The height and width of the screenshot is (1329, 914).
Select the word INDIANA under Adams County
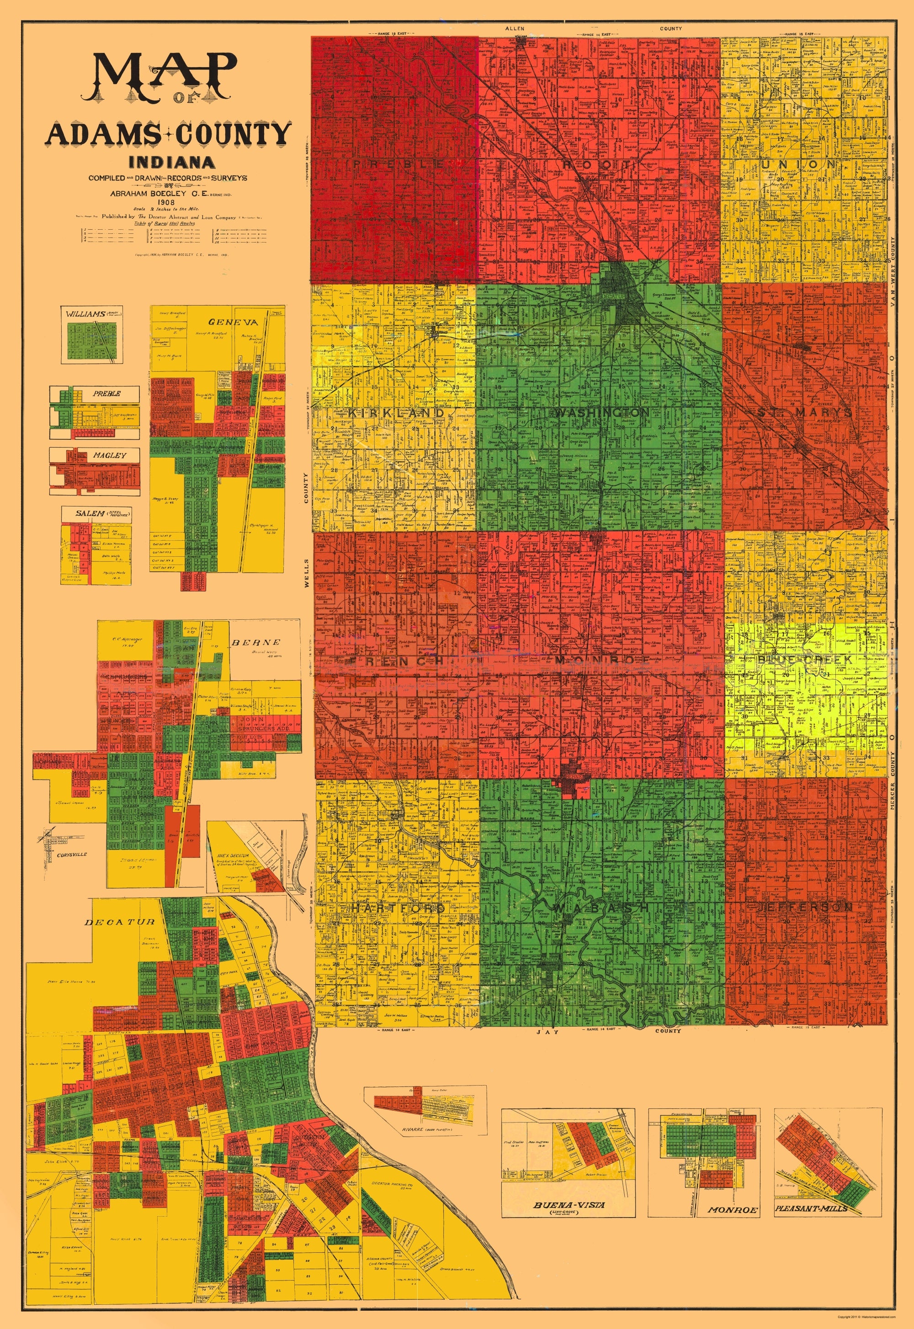(x=172, y=163)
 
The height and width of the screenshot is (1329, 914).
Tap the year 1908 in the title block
(x=168, y=202)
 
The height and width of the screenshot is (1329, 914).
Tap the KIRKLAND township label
(x=396, y=412)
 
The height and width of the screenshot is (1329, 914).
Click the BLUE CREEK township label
(x=805, y=659)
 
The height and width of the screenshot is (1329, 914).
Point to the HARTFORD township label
(x=398, y=908)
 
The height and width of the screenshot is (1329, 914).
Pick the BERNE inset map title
(x=255, y=642)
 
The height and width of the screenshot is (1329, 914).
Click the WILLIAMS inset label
(x=85, y=314)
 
